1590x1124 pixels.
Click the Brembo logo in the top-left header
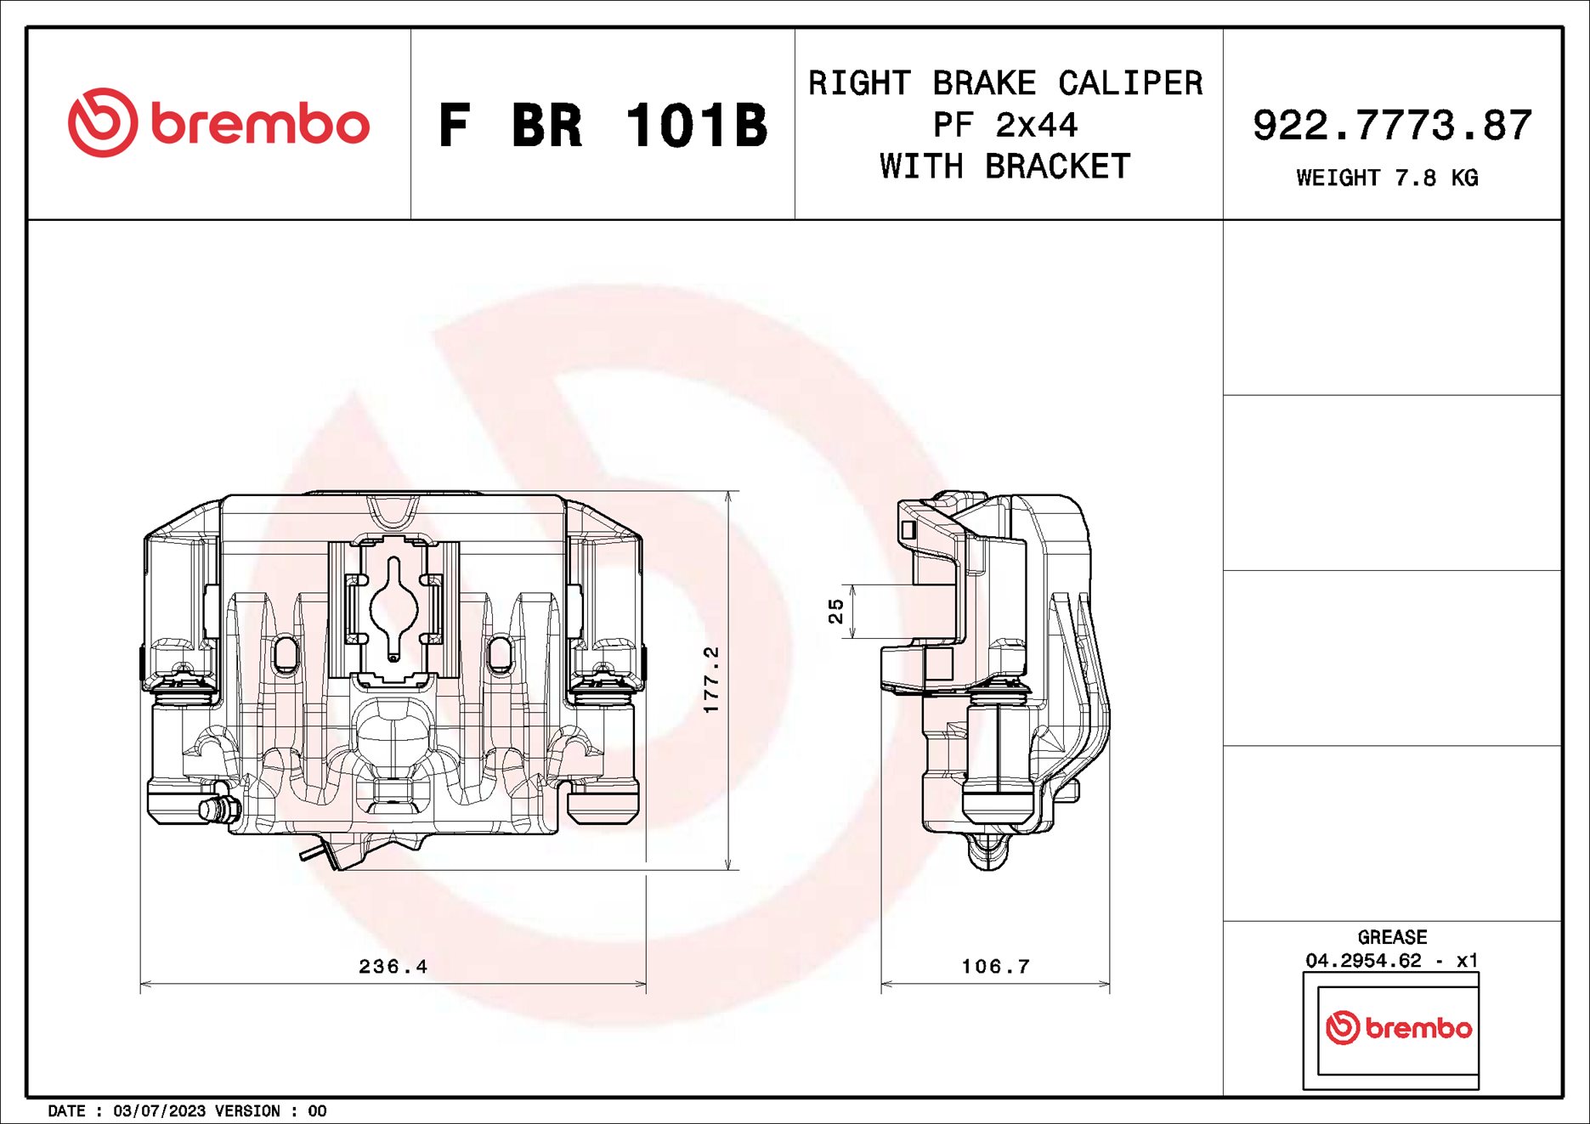click(218, 123)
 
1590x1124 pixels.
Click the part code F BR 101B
click(603, 126)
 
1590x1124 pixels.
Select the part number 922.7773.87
click(1392, 126)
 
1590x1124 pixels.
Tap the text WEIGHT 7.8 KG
click(1387, 178)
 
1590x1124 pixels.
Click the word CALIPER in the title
click(1130, 83)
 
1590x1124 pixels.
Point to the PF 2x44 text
click(1005, 126)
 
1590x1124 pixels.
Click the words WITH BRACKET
click(1005, 167)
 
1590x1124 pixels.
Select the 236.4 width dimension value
click(393, 967)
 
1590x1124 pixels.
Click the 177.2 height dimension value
click(711, 680)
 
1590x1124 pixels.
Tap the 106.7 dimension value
click(995, 967)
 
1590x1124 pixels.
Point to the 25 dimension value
click(836, 611)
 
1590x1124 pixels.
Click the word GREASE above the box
click(1392, 937)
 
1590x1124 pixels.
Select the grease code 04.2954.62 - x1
click(1392, 961)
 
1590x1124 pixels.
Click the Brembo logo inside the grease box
click(1398, 1028)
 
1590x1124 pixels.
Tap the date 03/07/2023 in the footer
click(159, 1111)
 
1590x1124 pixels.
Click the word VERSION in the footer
click(247, 1111)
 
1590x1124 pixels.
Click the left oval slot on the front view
click(286, 654)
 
